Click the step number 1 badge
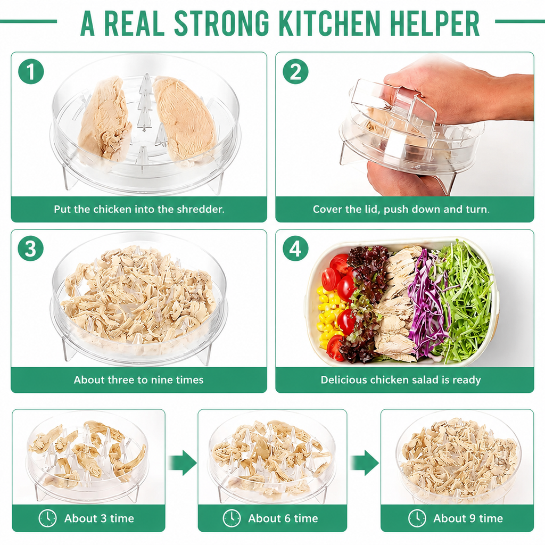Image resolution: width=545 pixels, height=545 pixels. (31, 72)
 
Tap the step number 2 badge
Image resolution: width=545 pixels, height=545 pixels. (295, 72)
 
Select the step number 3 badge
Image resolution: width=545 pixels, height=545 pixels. (31, 249)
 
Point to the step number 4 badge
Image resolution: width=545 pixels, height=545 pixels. (295, 249)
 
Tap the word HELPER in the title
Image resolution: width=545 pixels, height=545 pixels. (435, 23)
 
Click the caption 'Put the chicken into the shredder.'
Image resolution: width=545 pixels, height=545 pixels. (139, 209)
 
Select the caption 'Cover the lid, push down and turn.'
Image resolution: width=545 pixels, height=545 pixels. (401, 209)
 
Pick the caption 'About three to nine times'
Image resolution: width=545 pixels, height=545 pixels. (139, 379)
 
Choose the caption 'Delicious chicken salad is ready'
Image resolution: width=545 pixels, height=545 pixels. (401, 379)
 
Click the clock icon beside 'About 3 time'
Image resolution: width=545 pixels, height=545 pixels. (47, 518)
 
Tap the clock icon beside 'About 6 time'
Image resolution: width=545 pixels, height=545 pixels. (232, 518)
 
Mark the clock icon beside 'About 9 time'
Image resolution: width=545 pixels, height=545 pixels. (417, 518)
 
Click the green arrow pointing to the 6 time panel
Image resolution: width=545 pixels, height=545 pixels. (182, 463)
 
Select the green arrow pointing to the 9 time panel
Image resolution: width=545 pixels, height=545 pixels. (364, 463)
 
